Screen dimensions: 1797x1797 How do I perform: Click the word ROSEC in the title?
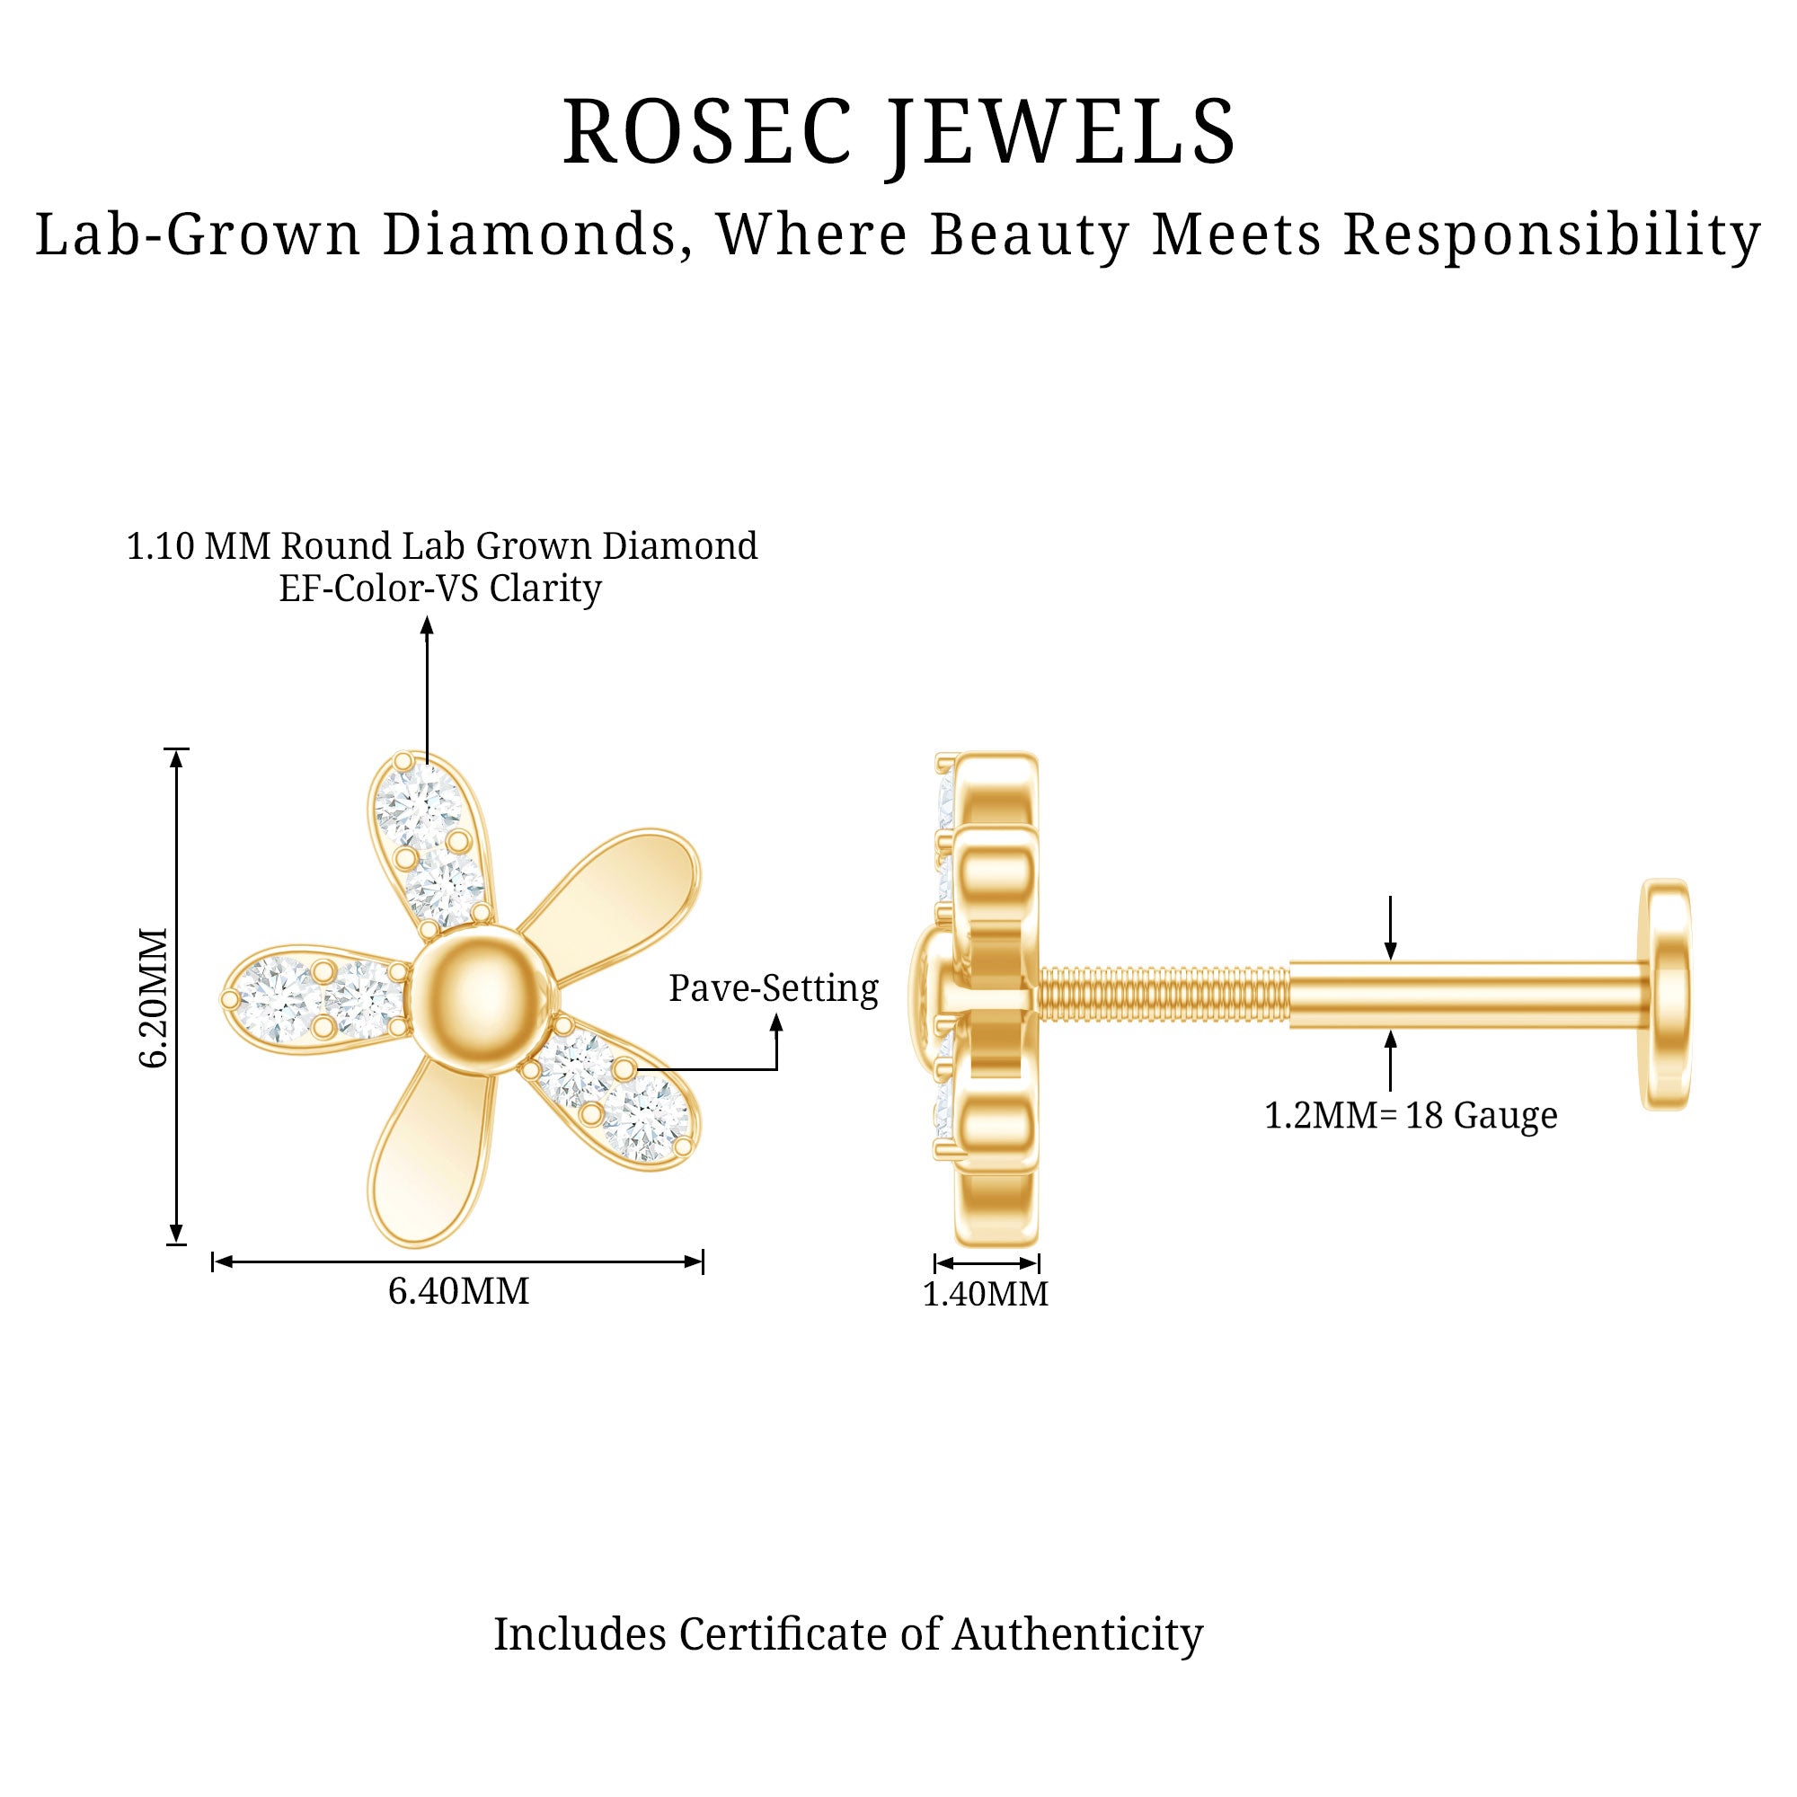[x=707, y=132]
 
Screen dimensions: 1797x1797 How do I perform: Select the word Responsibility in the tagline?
[x=1552, y=235]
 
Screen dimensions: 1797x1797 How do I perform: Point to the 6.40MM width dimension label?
[x=457, y=1291]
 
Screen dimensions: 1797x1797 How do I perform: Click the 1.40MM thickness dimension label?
[x=985, y=1294]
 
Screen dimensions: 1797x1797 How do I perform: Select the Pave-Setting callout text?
[x=773, y=987]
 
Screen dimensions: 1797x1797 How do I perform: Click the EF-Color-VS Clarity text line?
[x=440, y=588]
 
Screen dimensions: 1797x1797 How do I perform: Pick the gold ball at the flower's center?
[x=484, y=999]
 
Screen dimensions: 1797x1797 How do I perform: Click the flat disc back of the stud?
[x=1665, y=994]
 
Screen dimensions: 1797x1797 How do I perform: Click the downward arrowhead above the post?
[x=1391, y=951]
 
